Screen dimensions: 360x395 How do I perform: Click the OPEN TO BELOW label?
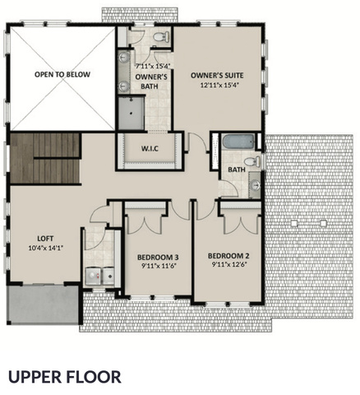point(62,74)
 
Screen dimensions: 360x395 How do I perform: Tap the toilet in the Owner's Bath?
point(162,37)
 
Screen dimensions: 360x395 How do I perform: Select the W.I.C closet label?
point(150,149)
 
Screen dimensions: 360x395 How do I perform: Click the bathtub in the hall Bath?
point(238,142)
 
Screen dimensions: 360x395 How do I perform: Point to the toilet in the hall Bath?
point(252,161)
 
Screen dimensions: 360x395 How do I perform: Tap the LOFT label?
point(45,239)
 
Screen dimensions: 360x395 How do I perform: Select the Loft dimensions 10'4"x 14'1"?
point(46,249)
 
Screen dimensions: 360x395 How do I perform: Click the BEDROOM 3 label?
point(158,258)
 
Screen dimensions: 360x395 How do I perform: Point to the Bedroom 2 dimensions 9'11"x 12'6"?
point(228,265)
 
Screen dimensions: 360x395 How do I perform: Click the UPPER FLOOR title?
point(65,377)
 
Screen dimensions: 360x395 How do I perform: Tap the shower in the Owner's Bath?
point(132,113)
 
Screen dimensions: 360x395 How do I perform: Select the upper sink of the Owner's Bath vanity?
point(124,57)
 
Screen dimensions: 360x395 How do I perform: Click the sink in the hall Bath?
point(256,184)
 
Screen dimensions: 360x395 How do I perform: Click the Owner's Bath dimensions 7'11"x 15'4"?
point(153,66)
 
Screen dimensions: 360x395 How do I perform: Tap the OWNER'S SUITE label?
point(217,75)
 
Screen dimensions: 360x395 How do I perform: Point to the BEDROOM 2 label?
point(228,256)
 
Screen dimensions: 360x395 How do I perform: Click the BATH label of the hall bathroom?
point(237,170)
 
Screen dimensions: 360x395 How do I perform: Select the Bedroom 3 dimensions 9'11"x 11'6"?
point(158,266)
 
